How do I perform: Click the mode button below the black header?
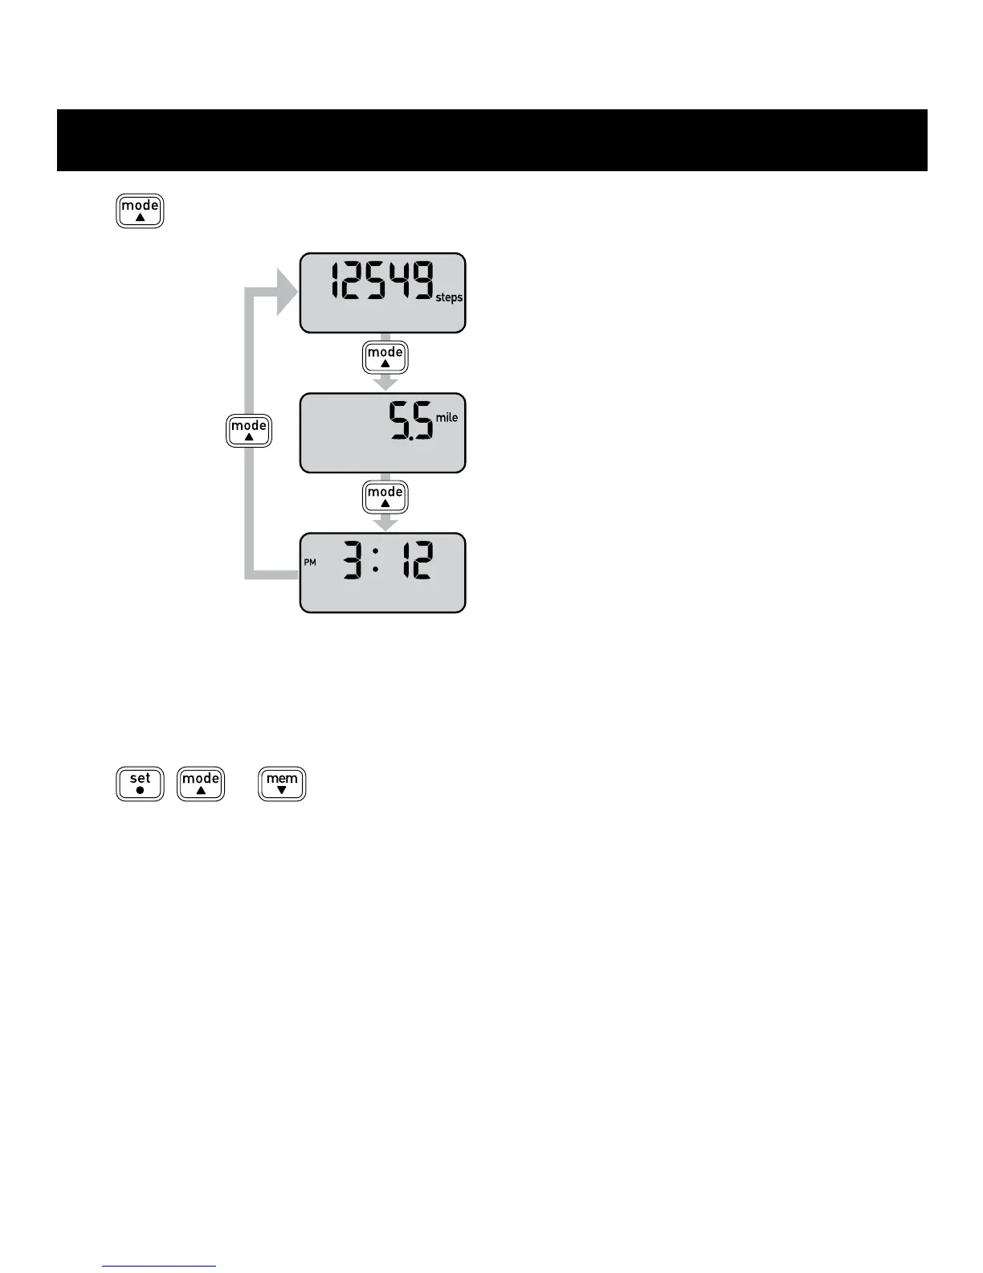[x=140, y=211]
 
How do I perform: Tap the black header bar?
[x=491, y=140]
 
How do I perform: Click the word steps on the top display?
[x=449, y=298]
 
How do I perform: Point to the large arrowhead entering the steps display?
[x=285, y=293]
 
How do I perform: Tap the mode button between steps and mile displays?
[x=385, y=358]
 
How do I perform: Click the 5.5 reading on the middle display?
[x=410, y=421]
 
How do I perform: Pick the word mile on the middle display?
[x=447, y=418]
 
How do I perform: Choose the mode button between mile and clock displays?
[x=385, y=497]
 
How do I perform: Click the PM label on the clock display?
[x=310, y=563]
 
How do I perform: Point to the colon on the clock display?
[x=376, y=561]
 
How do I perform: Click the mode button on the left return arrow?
[x=249, y=431]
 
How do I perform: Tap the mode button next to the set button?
[x=201, y=784]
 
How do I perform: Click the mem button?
[x=282, y=784]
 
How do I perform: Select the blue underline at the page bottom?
[x=159, y=1266]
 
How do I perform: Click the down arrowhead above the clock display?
[x=386, y=523]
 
